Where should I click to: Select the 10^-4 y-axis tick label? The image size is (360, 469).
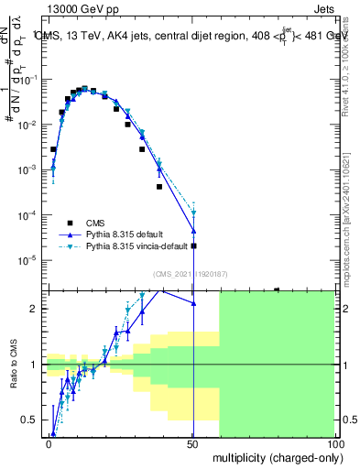tap(29, 215)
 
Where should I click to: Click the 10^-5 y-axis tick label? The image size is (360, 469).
tap(29, 260)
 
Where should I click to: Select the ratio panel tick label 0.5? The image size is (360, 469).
tap(32, 420)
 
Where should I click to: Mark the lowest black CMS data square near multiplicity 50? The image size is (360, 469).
tap(193, 245)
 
